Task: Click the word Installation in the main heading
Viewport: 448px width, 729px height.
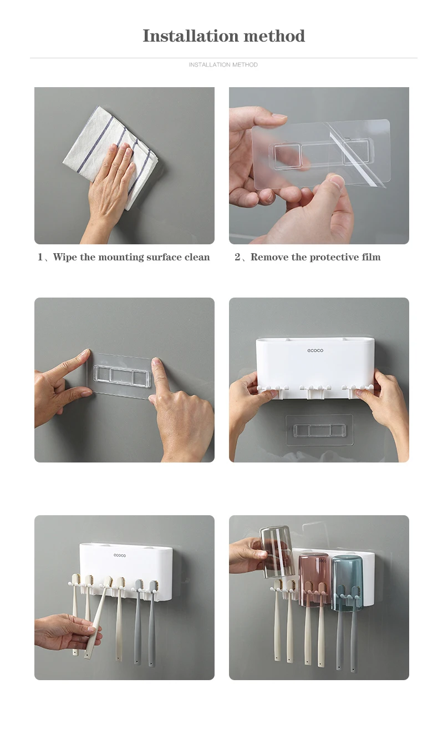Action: coord(191,36)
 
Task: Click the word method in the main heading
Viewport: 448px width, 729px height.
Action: coord(274,36)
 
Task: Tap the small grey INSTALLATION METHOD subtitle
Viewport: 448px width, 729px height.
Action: coord(223,65)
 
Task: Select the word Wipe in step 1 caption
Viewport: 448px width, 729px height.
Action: coord(65,258)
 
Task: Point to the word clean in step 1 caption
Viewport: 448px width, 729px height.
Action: coord(197,258)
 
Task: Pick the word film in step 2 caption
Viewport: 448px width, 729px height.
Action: coord(371,257)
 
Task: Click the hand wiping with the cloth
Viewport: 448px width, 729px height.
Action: coord(110,189)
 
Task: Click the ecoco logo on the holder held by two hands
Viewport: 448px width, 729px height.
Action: coord(315,350)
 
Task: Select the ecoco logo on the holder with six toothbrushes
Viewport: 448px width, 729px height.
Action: coord(120,555)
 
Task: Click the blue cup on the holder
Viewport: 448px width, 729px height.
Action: coord(347,583)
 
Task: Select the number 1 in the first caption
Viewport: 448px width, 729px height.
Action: coord(40,258)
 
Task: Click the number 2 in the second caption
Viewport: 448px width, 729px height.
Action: coord(238,258)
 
